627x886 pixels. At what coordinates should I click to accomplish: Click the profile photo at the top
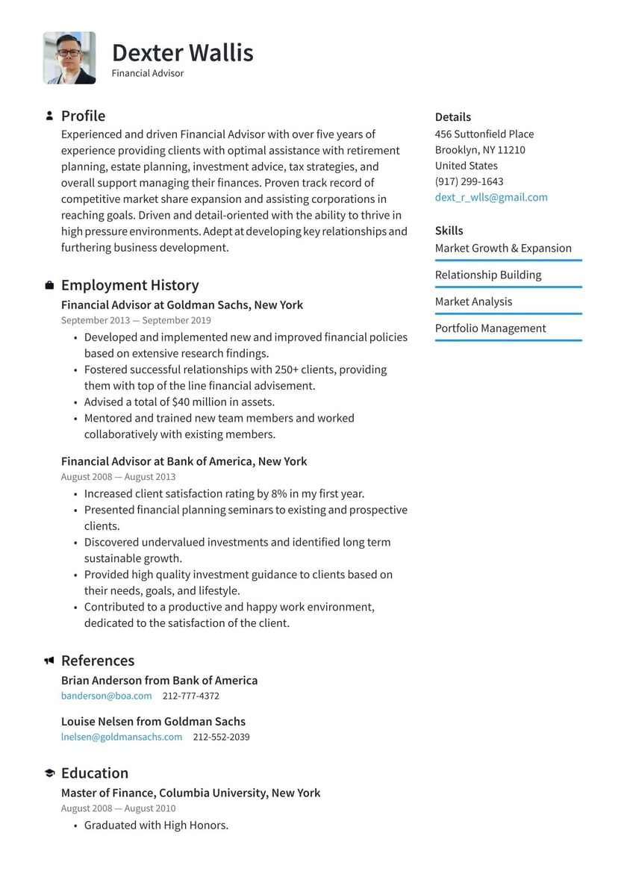(x=69, y=57)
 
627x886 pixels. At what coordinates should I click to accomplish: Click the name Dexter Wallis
(x=182, y=53)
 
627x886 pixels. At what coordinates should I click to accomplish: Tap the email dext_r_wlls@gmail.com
(x=491, y=197)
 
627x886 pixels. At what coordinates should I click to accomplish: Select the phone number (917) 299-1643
(x=469, y=181)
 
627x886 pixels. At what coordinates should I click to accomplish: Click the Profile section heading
(x=83, y=116)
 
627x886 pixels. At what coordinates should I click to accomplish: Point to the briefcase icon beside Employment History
(x=49, y=285)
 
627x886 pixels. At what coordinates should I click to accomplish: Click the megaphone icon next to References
(x=49, y=661)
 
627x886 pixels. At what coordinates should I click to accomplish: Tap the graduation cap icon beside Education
(x=49, y=773)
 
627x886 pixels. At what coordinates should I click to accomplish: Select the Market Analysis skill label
(x=473, y=302)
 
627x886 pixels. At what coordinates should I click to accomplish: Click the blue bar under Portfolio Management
(x=508, y=340)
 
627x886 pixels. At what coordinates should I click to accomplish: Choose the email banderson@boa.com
(x=106, y=696)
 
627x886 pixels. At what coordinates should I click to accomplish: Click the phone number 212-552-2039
(x=221, y=737)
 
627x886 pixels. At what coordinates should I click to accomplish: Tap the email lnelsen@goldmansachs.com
(x=122, y=737)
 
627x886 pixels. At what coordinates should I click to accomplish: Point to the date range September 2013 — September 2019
(x=136, y=320)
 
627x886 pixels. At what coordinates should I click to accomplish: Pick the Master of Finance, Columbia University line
(x=190, y=793)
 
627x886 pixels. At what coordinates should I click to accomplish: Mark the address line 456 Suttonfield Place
(x=484, y=134)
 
